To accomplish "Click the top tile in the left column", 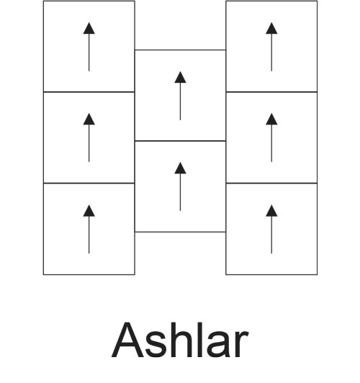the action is (x=89, y=46).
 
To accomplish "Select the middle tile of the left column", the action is (x=89, y=138).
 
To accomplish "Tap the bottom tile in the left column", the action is (x=89, y=229).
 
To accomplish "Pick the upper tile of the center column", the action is (x=180, y=95).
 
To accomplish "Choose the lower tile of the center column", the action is (x=180, y=186).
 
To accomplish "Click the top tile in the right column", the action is (x=271, y=46).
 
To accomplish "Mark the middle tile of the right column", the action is (x=271, y=138).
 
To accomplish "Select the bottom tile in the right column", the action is (x=271, y=229).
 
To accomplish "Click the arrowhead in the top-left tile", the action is (x=89, y=28).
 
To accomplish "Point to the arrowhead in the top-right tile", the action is (x=271, y=28).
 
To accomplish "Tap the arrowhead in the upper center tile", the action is (x=180, y=77).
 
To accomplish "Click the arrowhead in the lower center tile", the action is (x=180, y=168).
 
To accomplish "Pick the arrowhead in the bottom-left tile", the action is (x=89, y=211).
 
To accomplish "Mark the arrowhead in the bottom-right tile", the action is (x=271, y=211).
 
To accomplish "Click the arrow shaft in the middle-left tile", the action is (x=89, y=143).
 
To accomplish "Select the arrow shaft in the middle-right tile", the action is (x=271, y=143).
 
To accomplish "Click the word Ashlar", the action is (x=180, y=340).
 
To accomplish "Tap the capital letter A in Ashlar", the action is (x=127, y=340).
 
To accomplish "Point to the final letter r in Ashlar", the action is (x=241, y=344).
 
